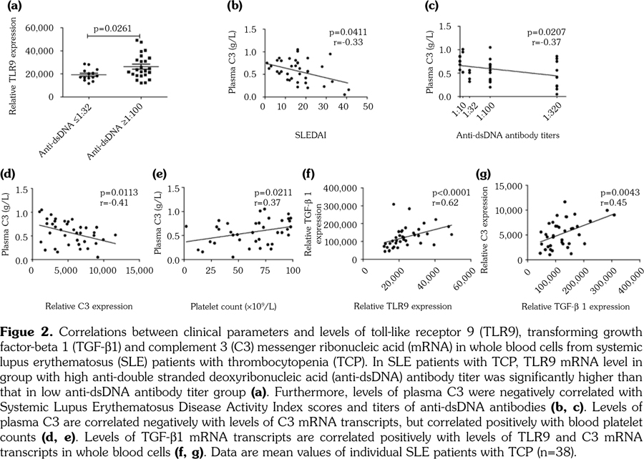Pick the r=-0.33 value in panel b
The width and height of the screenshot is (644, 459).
point(341,42)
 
